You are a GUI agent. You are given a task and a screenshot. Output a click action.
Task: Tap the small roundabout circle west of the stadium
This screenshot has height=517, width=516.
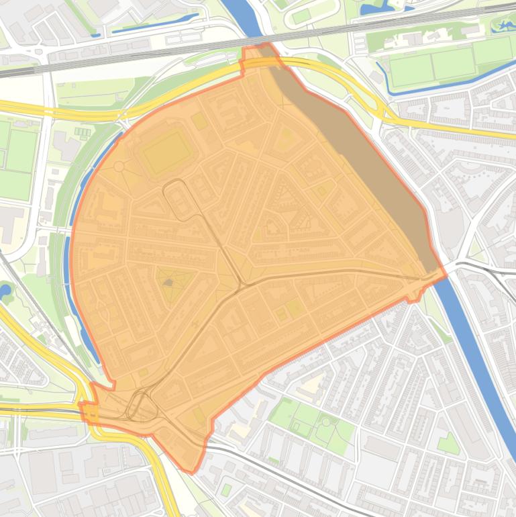coord(119,166)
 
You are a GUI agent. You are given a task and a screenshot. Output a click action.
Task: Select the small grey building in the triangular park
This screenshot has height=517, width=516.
coord(168,283)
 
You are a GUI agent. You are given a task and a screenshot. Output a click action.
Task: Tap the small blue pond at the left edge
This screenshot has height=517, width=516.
coord(5,291)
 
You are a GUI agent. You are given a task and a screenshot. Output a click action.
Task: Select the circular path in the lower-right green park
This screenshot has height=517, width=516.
coord(326,422)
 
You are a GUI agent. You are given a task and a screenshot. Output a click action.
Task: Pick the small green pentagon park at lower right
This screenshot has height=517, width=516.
coord(448,444)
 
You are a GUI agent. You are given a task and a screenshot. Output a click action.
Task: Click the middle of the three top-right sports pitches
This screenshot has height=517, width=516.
coord(453,63)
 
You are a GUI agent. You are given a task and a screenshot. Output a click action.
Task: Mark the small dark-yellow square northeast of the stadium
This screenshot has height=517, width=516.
coord(199,121)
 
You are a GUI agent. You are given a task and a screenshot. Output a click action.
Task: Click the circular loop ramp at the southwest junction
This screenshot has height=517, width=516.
coord(140,406)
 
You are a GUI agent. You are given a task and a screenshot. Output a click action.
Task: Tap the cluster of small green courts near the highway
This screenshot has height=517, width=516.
coord(82,132)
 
